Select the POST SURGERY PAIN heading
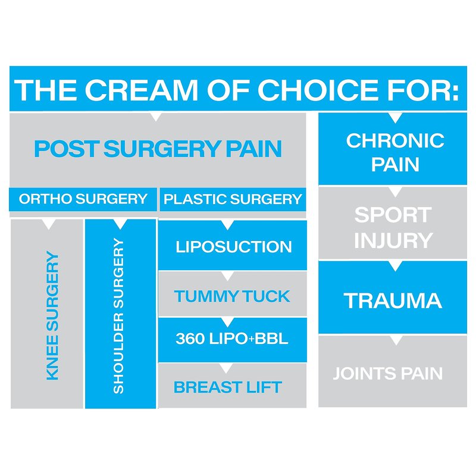click(158, 149)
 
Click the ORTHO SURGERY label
click(83, 199)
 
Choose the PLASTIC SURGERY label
click(233, 199)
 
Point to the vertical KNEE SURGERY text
click(52, 315)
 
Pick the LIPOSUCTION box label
click(234, 246)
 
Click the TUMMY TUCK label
click(232, 296)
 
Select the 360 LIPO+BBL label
click(232, 339)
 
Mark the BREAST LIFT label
click(227, 387)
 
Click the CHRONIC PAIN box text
click(394, 152)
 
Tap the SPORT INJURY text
click(393, 227)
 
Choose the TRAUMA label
click(393, 300)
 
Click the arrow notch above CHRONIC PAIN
click(396, 117)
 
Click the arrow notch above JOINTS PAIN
click(396, 340)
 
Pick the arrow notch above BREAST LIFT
click(226, 368)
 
